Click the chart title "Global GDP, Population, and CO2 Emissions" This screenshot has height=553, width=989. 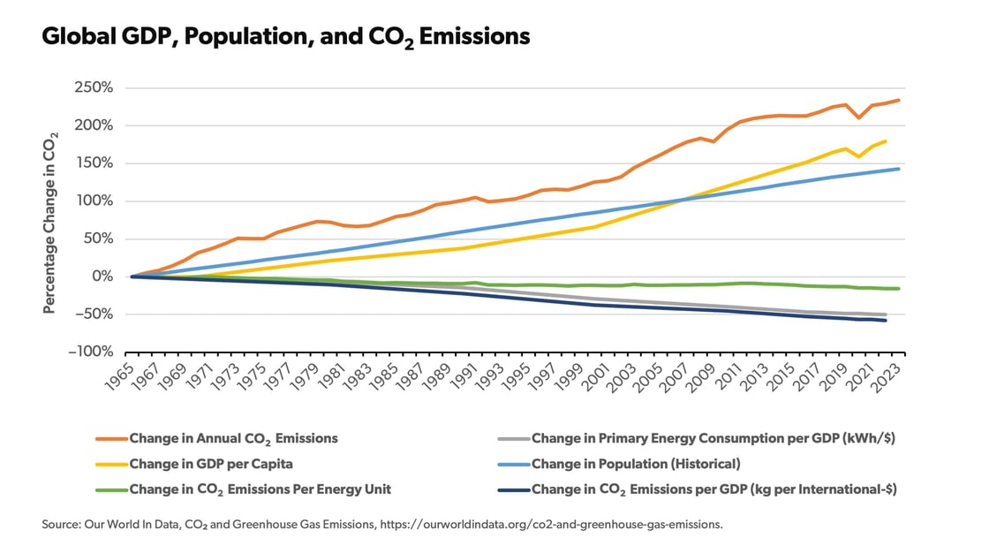point(286,36)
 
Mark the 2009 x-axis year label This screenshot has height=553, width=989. point(704,376)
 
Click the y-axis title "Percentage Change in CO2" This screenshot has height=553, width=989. point(51,220)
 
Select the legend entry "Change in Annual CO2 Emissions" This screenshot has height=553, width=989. point(233,438)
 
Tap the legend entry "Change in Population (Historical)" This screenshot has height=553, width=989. point(636,464)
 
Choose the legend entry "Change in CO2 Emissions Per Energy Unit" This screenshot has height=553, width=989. point(260,489)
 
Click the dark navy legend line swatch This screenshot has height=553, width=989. point(508,489)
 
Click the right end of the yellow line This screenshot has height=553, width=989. point(886,141)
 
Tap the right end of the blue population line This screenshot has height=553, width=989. point(899,169)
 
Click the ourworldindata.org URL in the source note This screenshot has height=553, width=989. point(551,525)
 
